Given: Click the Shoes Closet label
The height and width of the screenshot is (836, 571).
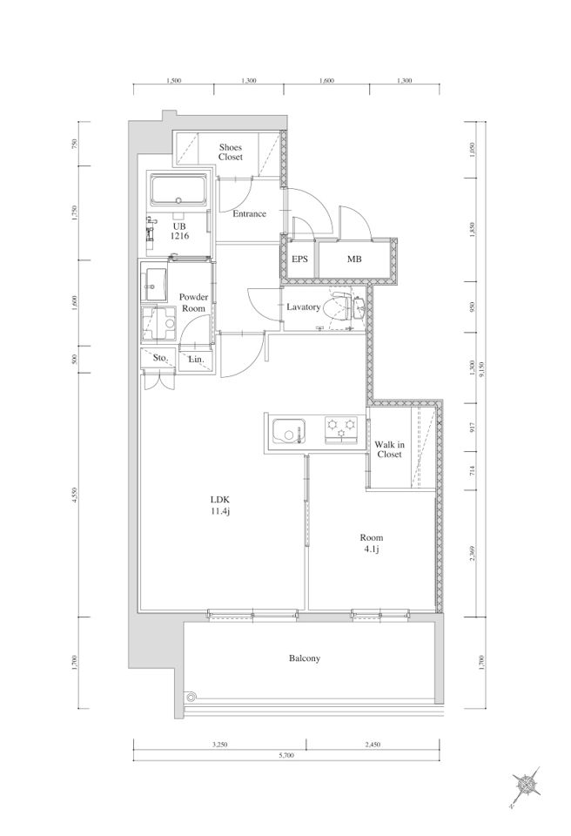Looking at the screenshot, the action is [231, 152].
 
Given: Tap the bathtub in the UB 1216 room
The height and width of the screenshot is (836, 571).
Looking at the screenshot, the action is [178, 191].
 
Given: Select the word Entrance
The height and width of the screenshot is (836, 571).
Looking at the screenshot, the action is [250, 214].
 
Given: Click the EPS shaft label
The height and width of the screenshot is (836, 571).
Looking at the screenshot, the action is [299, 260].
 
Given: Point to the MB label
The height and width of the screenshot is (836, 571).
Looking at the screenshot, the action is [354, 260].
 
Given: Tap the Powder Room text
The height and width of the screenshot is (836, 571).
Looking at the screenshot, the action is [193, 302].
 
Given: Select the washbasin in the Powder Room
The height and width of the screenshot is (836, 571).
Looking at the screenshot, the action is [155, 284].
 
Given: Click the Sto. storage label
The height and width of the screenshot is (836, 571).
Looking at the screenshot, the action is [160, 358].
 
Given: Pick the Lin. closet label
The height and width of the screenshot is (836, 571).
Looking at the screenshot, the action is [197, 360].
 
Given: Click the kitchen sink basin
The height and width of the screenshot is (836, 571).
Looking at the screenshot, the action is [288, 431].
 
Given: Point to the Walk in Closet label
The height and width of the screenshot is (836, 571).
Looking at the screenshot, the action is [389, 449].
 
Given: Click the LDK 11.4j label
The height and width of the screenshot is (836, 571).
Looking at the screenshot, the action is [219, 505].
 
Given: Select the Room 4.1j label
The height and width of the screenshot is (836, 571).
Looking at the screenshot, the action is [371, 543].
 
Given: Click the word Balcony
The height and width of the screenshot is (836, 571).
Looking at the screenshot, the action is [305, 658].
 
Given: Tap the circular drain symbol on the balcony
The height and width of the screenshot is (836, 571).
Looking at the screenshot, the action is [191, 697].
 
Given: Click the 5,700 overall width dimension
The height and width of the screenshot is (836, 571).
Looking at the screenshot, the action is [286, 755].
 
